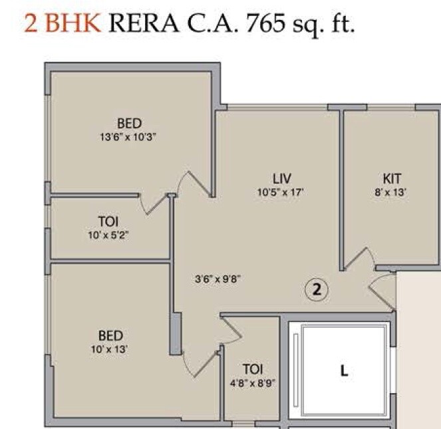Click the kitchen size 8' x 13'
(392, 192)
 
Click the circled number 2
(317, 289)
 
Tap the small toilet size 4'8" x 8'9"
(252, 382)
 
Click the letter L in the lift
(344, 372)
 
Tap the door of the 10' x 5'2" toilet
(157, 204)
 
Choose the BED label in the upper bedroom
(129, 123)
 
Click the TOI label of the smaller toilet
(252, 369)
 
